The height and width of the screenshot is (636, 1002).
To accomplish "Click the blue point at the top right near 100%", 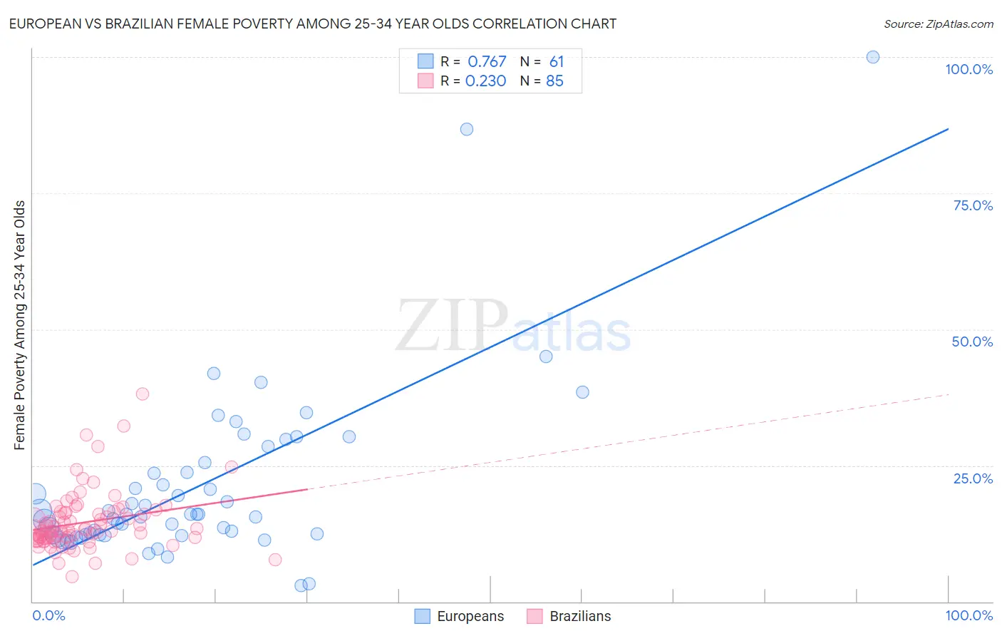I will [872, 57].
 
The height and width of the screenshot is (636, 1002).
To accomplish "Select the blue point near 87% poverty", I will [467, 129].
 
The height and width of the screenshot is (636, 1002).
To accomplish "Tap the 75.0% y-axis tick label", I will [973, 205].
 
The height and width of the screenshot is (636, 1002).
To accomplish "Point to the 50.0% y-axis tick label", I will [972, 342].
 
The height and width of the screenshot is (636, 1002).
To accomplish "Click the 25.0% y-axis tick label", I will [973, 478].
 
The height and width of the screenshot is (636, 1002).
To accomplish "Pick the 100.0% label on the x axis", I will [969, 615].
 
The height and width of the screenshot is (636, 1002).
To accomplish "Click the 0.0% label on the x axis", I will [48, 615].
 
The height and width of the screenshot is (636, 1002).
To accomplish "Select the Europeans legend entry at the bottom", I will [460, 616].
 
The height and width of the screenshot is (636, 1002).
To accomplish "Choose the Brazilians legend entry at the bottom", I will [569, 616].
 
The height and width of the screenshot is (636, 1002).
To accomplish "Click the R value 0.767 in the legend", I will [487, 62].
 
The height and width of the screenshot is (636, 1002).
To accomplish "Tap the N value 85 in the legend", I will [554, 81].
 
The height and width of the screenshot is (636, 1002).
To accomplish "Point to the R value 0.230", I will [485, 81].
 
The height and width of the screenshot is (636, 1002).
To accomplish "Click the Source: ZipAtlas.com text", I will [938, 24].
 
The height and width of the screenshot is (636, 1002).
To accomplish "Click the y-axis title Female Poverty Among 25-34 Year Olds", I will [19, 325].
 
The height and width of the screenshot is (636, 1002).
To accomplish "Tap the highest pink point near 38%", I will [143, 394].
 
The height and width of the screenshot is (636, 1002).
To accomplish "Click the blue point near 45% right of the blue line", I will [546, 357].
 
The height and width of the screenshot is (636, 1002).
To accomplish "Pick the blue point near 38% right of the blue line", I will [582, 392].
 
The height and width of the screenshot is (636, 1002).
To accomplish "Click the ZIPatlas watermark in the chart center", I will [513, 327].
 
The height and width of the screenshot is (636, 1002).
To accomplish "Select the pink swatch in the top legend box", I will [425, 81].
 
